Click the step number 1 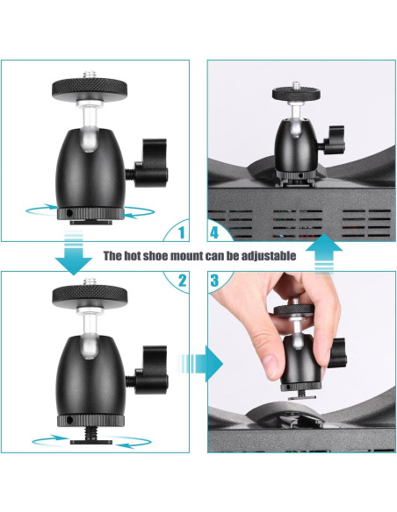(x=182, y=233)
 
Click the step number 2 (x=182, y=281)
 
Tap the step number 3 (x=214, y=281)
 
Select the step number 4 (x=213, y=233)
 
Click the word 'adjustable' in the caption (x=269, y=256)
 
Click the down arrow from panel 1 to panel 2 (x=74, y=253)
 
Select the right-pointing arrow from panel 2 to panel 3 (x=200, y=364)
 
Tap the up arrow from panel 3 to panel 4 (x=324, y=253)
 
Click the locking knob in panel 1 (x=151, y=163)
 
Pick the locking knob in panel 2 (x=151, y=370)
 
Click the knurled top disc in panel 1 (x=90, y=87)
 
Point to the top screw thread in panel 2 (x=90, y=281)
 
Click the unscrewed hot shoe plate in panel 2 (x=91, y=443)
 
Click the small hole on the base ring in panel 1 (x=69, y=213)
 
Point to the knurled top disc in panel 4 (x=296, y=94)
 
